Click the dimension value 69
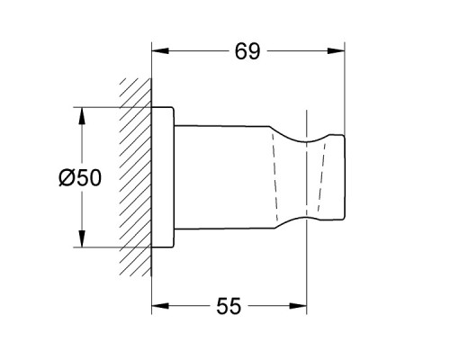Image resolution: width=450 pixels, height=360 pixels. pos(247,51)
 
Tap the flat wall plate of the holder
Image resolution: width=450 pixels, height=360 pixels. pos(162,178)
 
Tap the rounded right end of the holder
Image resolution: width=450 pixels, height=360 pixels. pos(342,178)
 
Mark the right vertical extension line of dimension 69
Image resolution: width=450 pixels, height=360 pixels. pos(346,90)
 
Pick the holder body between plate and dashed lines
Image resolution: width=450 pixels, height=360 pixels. pos(220,178)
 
